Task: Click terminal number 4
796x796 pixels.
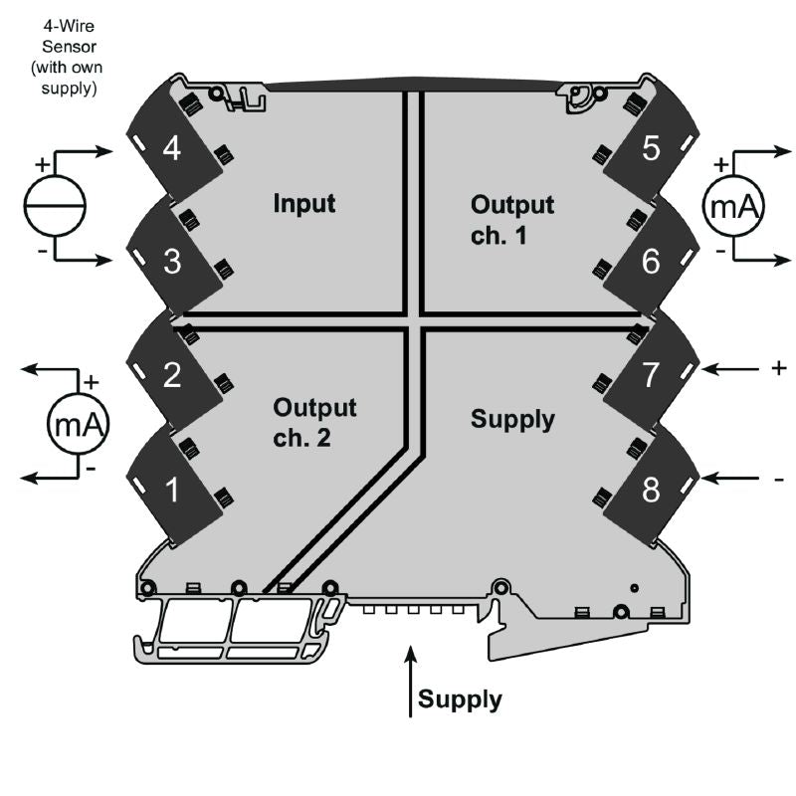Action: point(171,149)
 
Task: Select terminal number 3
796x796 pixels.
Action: point(171,263)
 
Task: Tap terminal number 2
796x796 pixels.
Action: point(171,376)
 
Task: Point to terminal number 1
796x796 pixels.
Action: point(171,490)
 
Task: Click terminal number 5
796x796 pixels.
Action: point(651,149)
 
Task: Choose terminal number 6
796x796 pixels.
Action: point(651,263)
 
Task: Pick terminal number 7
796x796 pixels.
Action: point(651,376)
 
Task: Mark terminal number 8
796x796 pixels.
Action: point(651,490)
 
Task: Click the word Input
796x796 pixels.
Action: point(304,204)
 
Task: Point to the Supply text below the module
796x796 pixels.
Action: point(460,699)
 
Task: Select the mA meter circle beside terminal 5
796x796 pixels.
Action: point(734,206)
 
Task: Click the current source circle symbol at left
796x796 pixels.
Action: point(55,206)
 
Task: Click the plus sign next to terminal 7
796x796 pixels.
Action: point(778,368)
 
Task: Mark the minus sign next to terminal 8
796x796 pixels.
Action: point(778,481)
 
